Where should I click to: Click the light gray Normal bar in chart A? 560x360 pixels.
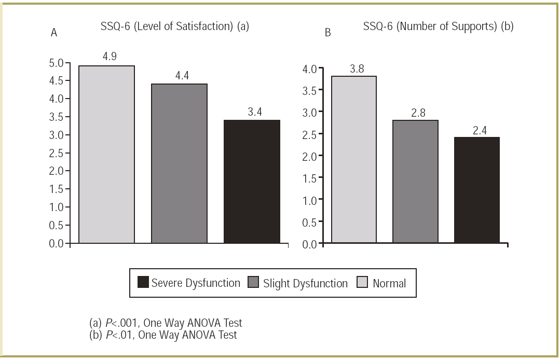(106, 154)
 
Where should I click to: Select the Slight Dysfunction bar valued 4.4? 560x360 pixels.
(179, 163)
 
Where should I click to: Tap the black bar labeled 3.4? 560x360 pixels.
(252, 181)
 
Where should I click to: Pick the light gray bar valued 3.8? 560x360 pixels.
(354, 159)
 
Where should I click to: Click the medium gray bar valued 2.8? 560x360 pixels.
(415, 181)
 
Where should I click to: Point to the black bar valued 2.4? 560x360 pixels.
(476, 190)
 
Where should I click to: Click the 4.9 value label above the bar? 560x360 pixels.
(110, 56)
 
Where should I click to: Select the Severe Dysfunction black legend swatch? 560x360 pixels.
(143, 283)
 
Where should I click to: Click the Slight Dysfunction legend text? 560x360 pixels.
(305, 283)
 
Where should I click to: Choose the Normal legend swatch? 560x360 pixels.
(362, 283)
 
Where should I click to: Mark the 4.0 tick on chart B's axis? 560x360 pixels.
(309, 69)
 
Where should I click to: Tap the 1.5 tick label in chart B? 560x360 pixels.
(309, 178)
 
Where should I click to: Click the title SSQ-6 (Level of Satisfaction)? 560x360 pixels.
(175, 26)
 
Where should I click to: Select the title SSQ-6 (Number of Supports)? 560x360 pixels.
(439, 26)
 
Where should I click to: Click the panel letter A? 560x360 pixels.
(53, 33)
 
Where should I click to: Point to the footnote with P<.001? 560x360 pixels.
(166, 323)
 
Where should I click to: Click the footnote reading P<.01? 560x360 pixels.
(163, 335)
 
